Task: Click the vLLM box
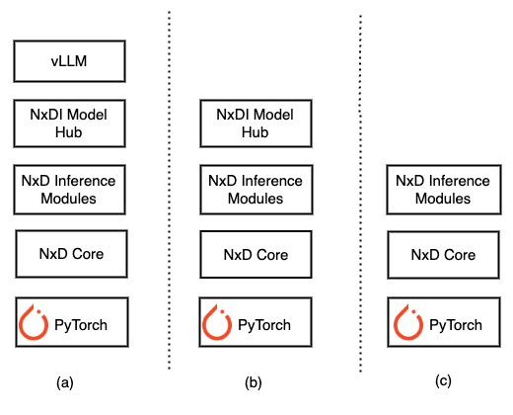click(69, 61)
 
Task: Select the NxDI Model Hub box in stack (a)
click(69, 123)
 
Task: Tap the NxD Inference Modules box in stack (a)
click(69, 190)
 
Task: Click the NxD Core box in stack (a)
click(69, 255)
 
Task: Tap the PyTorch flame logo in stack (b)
click(218, 322)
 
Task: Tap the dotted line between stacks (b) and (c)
click(360, 198)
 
